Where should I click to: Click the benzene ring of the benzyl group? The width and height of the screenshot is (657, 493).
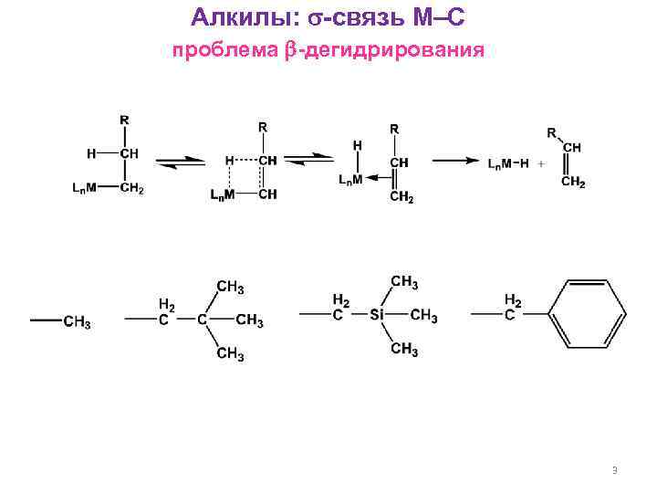point(584,314)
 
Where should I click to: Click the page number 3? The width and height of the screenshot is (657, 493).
point(614,470)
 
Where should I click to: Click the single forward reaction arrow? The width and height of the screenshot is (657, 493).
point(454,161)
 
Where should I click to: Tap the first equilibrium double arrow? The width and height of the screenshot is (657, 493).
point(180,161)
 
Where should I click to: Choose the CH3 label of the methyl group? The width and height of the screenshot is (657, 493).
point(77,320)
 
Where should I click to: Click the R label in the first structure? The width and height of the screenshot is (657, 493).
point(124,120)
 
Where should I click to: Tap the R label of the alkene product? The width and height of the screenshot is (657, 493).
point(552,132)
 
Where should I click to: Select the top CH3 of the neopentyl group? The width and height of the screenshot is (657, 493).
point(230,288)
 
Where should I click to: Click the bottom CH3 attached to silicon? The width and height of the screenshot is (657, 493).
point(404,350)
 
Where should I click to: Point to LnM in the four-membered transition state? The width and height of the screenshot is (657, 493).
point(221,194)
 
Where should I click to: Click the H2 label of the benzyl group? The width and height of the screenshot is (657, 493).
point(513,299)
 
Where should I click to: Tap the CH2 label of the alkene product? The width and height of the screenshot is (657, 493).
point(573,183)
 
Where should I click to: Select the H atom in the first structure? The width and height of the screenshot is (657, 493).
point(91,153)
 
